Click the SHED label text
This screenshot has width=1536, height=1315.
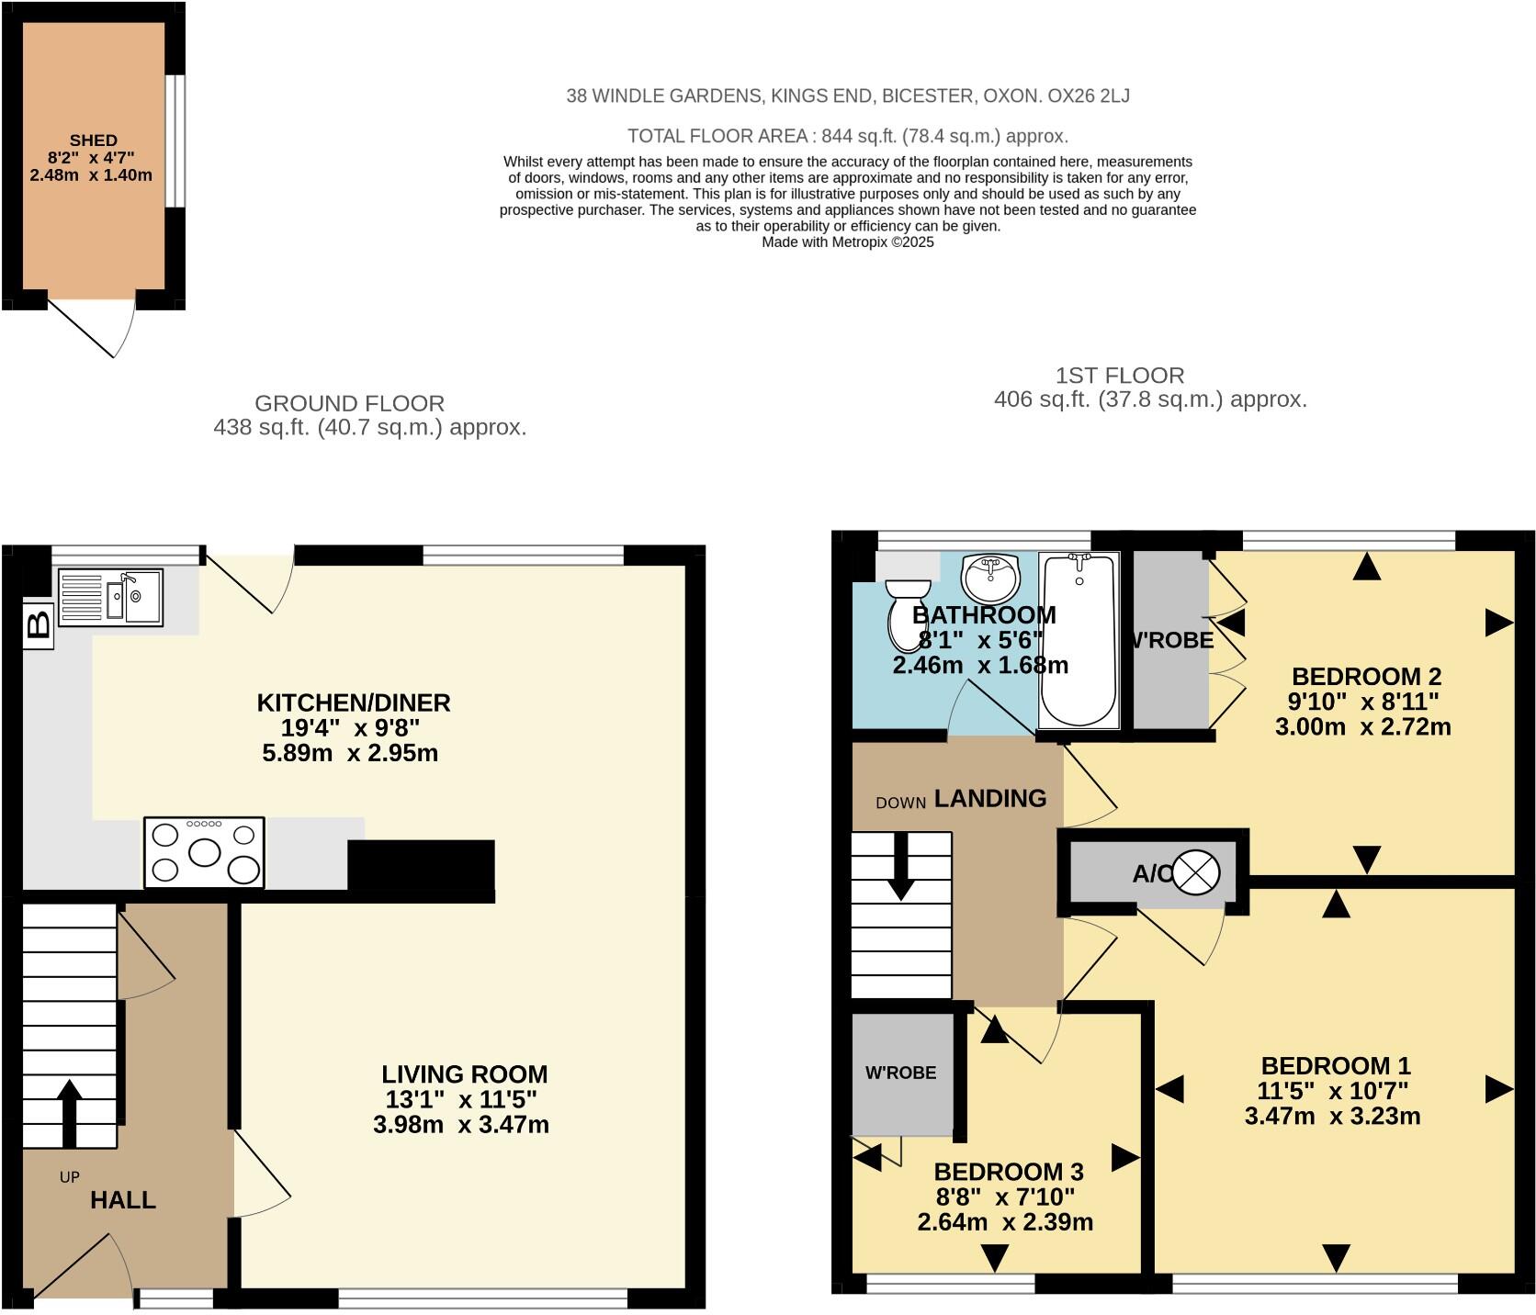(x=93, y=140)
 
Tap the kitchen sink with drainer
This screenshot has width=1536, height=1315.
(x=110, y=597)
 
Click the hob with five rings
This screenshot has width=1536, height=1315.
(x=204, y=853)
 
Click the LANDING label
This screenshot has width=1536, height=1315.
(x=989, y=799)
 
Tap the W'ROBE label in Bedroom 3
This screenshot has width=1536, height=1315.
(x=900, y=1073)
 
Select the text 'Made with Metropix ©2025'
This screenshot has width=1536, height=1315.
(x=847, y=242)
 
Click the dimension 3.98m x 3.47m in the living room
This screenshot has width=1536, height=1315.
(x=461, y=1125)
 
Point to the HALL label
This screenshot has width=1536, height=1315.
(x=122, y=1200)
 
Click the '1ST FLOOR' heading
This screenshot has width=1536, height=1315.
(x=1119, y=376)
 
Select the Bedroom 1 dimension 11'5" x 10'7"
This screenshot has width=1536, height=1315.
(x=1332, y=1091)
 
